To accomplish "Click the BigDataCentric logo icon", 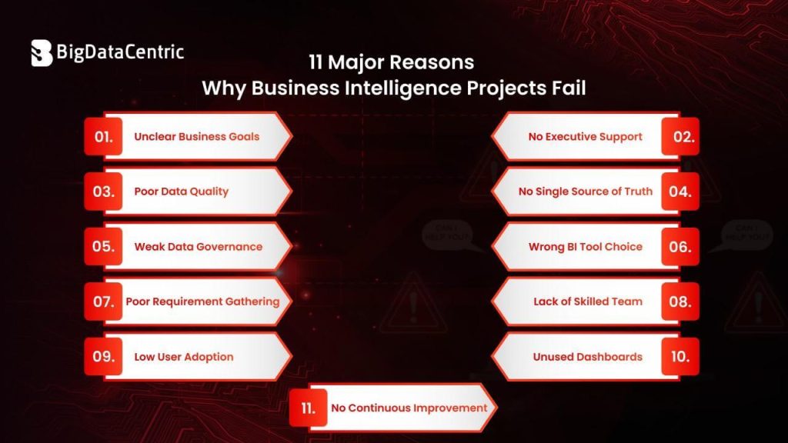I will [41, 52].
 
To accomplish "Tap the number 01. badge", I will [103, 137].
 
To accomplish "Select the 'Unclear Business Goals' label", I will [196, 137].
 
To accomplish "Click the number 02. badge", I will [680, 137].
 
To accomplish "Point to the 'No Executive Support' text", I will [585, 137].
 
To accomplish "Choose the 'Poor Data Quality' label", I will [181, 192].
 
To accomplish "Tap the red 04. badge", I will [680, 192].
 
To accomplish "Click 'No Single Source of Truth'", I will [585, 192].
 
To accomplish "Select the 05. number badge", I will [103, 247].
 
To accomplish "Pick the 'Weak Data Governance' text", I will [198, 247].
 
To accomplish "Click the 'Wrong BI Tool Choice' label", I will [585, 247].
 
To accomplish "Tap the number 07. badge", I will [103, 301].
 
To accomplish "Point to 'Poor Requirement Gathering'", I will [202, 301].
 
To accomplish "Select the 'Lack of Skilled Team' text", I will [587, 301].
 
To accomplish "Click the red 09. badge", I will [103, 357].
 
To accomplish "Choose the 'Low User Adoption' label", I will [183, 357].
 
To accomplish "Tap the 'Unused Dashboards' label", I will [587, 357].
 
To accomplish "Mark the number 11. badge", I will [309, 408].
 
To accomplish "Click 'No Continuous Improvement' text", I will [409, 408].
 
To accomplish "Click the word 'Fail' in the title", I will [567, 88].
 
